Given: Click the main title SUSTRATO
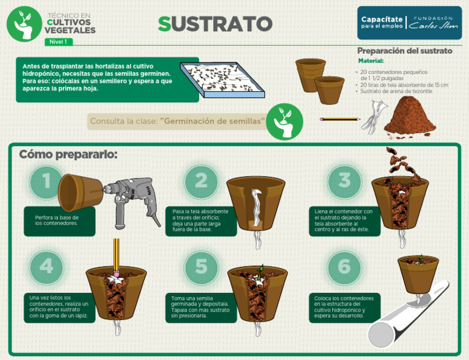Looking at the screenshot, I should point(215,23).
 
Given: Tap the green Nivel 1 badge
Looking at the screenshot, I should point(59,42).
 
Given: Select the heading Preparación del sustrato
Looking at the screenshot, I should point(404,51).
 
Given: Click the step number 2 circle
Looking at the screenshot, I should point(201,181).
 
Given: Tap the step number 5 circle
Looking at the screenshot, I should point(201,266).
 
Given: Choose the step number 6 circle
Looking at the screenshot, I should point(344,266).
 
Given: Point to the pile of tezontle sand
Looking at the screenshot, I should point(410,116).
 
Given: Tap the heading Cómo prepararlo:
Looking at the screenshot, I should point(68,154).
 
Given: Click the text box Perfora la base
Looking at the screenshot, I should point(60,221).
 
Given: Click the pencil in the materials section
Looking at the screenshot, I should point(340,119).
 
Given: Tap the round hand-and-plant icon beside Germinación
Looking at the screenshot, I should point(284,122).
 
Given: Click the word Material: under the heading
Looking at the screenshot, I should point(371,61).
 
